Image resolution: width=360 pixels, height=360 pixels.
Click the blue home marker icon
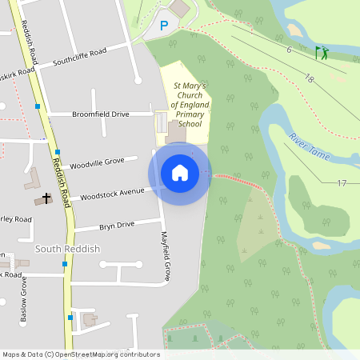[179, 172]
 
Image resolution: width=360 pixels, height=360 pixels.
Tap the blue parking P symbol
[165, 26]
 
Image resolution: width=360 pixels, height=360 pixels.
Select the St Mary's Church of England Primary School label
[190, 104]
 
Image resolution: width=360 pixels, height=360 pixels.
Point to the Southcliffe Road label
[79, 57]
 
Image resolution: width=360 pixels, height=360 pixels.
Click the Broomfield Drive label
[100, 114]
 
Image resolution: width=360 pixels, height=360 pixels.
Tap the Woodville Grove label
[97, 162]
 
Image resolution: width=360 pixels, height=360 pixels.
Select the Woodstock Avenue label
[112, 193]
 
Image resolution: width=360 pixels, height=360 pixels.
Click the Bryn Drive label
[117, 225]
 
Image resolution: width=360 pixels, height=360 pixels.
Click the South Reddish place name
[68, 249]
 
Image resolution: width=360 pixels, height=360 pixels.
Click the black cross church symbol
[46, 197]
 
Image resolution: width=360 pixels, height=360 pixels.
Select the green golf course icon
[322, 54]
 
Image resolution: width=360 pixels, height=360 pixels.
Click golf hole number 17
[342, 183]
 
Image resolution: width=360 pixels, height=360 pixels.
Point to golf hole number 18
[309, 78]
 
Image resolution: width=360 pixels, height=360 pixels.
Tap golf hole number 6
[288, 50]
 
